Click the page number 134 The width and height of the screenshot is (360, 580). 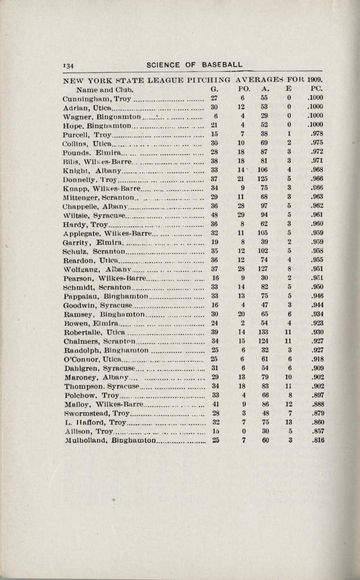(70, 65)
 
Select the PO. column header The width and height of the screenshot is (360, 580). (243, 89)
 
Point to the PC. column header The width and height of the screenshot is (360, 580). (316, 89)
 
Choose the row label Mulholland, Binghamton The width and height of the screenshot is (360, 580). (112, 440)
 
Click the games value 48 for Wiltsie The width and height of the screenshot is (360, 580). (214, 215)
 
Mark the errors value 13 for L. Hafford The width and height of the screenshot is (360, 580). (288, 422)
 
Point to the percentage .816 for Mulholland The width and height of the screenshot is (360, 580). (316, 440)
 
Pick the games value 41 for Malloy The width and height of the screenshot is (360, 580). (214, 404)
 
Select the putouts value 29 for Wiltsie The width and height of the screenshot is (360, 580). (243, 215)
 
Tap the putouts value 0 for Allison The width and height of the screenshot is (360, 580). (243, 431)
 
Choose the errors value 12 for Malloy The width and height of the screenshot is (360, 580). (288, 404)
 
